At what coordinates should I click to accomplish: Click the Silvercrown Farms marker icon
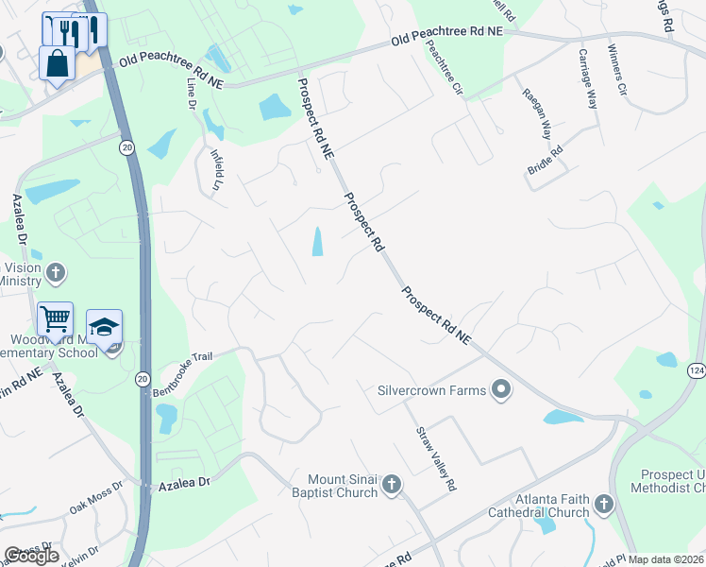(501, 389)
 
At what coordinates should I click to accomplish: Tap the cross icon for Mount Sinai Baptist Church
(392, 487)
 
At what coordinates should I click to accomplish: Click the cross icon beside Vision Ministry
(56, 274)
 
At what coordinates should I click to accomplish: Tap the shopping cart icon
(56, 320)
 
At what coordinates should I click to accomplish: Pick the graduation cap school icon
(104, 327)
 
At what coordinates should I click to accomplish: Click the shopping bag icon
(58, 63)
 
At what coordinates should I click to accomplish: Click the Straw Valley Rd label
(436, 458)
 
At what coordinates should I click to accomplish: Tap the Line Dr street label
(193, 92)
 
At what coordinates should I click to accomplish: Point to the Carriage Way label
(587, 79)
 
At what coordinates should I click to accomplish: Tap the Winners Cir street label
(617, 72)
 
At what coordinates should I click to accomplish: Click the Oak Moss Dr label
(96, 500)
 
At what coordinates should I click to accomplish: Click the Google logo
(32, 556)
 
